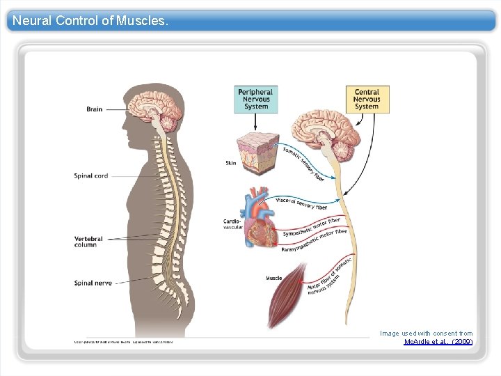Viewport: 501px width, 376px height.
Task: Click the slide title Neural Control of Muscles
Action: (90, 21)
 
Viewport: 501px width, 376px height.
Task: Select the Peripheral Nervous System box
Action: (256, 100)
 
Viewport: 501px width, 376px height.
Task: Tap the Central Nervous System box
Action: (367, 100)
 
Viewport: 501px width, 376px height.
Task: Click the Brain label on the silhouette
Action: (95, 109)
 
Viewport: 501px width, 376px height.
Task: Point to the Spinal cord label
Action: (91, 176)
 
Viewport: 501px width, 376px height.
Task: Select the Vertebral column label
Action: (88, 242)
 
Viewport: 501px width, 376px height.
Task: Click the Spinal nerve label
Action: (91, 283)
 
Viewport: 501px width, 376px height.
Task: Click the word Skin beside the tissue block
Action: (230, 164)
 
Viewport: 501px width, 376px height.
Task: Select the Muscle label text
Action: (273, 279)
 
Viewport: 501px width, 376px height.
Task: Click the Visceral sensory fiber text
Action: (301, 203)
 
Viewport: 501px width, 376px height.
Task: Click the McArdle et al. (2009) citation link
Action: (438, 342)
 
